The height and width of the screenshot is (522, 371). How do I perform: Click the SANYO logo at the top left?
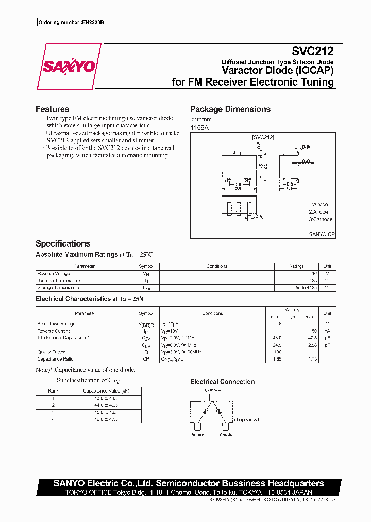(69, 67)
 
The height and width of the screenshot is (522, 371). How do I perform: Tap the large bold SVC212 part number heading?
(313, 51)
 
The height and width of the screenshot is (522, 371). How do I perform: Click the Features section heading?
(52, 109)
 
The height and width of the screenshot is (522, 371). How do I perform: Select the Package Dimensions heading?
(230, 109)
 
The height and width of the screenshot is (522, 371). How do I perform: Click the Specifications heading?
(62, 243)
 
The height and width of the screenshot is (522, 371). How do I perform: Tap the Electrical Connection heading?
(222, 382)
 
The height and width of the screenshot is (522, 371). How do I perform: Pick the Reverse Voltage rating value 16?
(314, 273)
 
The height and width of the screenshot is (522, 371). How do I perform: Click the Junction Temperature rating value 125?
(313, 281)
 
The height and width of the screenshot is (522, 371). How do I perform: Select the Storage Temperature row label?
(58, 288)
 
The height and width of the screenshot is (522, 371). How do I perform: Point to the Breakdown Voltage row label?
(56, 324)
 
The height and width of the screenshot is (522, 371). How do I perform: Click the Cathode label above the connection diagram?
(213, 390)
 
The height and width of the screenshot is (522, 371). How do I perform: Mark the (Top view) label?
(246, 419)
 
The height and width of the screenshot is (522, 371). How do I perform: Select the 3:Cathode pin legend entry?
(321, 219)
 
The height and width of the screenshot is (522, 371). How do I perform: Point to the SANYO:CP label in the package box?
(322, 234)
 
